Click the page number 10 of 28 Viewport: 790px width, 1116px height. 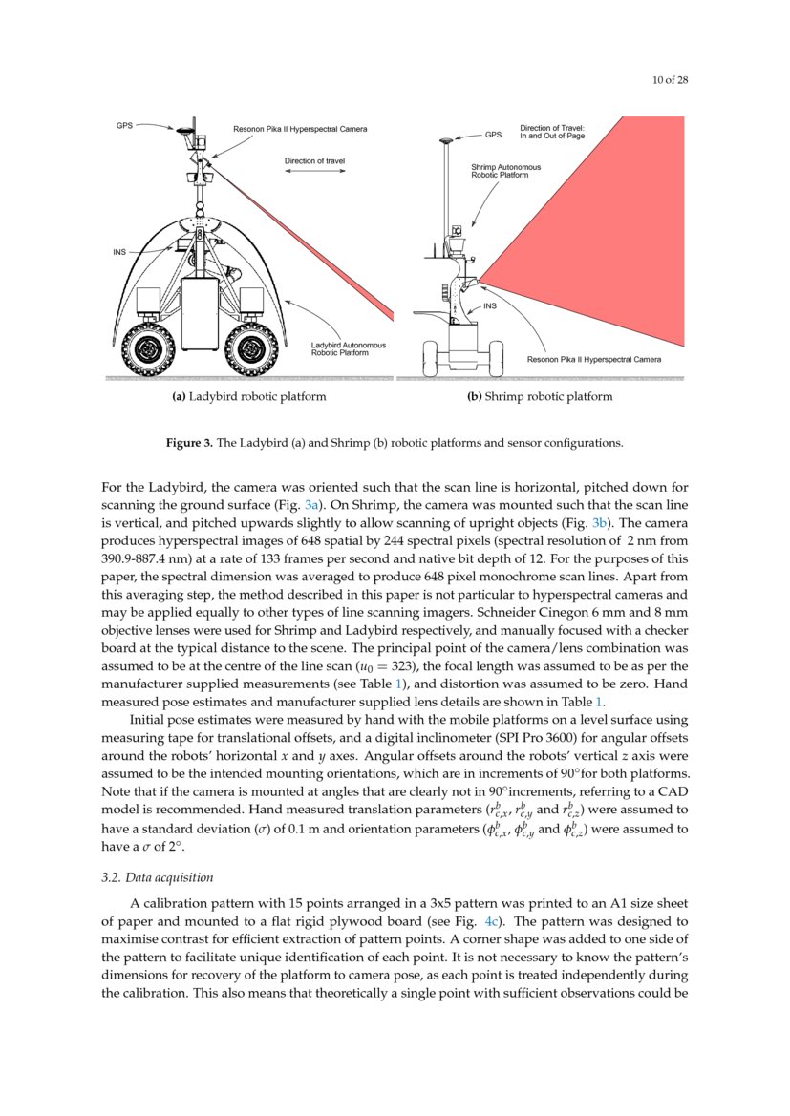pos(670,80)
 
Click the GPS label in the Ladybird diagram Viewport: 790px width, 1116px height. pos(125,125)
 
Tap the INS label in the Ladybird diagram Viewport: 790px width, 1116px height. pos(119,252)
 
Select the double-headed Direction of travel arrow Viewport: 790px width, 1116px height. pos(314,171)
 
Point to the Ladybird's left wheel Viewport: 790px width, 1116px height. pos(148,350)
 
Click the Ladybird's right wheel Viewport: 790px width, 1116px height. pos(250,350)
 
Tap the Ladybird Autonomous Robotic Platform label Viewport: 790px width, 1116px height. pos(349,348)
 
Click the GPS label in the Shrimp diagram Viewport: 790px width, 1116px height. pos(493,134)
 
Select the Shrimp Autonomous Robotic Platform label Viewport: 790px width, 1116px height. pos(505,171)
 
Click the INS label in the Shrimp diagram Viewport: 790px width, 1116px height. pos(490,306)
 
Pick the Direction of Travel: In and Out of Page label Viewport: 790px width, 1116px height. pos(552,132)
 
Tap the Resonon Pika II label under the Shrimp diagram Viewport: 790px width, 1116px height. pos(594,359)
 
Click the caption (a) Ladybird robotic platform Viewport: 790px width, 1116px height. pos(249,396)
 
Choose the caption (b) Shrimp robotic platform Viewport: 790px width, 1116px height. pos(540,396)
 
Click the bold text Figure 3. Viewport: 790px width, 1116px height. pos(189,443)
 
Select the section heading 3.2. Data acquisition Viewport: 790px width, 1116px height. pos(158,877)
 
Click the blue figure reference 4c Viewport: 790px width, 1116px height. pos(492,921)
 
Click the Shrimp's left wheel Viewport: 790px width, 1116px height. pos(430,358)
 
